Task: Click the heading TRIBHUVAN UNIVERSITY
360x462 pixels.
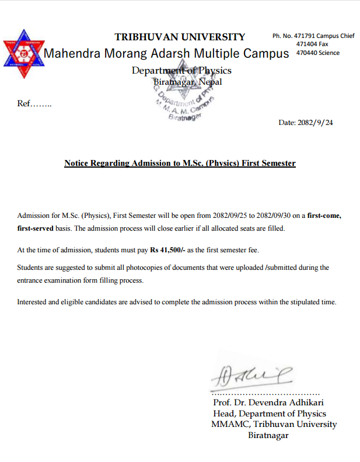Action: point(180,37)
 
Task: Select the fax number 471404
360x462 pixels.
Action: point(306,44)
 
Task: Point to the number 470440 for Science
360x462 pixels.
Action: point(306,53)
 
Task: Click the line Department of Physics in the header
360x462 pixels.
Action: point(181,71)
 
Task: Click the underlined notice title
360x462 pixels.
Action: point(180,163)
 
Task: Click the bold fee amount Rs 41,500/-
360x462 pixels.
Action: point(170,250)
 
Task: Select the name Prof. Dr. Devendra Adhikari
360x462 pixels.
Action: point(268,402)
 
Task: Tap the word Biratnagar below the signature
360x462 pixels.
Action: point(268,435)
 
